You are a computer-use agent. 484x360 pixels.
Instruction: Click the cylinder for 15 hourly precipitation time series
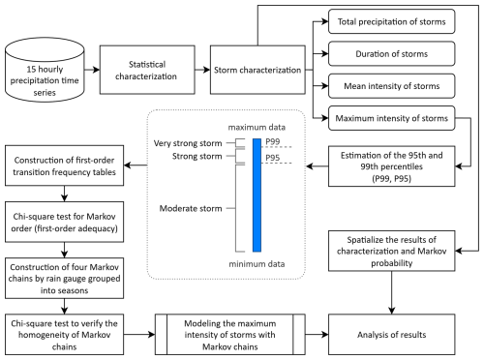pos(45,70)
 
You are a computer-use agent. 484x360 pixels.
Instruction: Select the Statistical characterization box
pos(147,70)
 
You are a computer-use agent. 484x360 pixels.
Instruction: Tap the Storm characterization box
pos(257,70)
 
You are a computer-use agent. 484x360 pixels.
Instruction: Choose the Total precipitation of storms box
pos(391,21)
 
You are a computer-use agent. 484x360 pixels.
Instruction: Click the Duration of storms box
pos(391,53)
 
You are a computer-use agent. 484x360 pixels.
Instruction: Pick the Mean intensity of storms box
pos(391,86)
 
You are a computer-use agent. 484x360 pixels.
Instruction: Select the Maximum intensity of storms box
pos(391,118)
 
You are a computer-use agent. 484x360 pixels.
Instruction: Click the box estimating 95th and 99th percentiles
pos(391,166)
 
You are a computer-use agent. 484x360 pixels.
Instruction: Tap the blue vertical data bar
pos(257,195)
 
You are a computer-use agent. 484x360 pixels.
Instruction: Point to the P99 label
pos(273,141)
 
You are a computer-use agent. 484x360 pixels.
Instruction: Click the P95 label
pos(273,158)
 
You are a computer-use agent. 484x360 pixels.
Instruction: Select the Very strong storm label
pos(188,143)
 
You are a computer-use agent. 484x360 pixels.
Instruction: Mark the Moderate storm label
pos(191,208)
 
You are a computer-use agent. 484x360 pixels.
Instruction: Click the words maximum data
pos(257,128)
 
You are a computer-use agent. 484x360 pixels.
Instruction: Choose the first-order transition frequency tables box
pos(64,165)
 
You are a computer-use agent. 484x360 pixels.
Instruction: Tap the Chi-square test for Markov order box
pos(64,222)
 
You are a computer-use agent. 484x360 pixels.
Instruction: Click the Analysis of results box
pos(391,335)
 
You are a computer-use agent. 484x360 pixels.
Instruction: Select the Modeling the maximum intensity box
pos(230,335)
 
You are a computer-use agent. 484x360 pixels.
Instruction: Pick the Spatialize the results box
pos(391,251)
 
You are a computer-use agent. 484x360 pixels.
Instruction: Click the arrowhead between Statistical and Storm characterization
pos(206,70)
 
